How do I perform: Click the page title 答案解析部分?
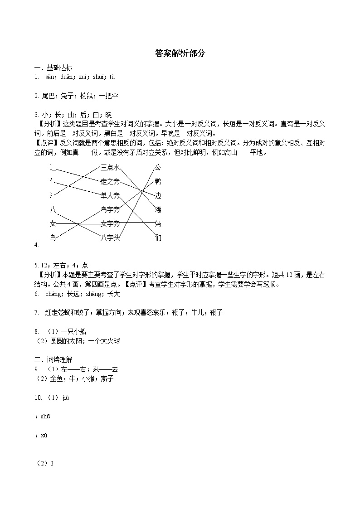tap(180, 53)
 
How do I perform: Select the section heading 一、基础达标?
tap(53, 68)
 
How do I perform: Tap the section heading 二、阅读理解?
tap(53, 360)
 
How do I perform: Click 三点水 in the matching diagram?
tap(110, 168)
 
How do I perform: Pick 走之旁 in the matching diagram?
tap(110, 182)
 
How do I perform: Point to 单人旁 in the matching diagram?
tap(110, 196)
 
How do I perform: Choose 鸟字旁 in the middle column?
tap(110, 209)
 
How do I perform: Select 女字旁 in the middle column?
tap(110, 223)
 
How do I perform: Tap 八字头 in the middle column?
tap(110, 238)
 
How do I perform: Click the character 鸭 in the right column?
tap(158, 182)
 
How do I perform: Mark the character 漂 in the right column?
tap(158, 209)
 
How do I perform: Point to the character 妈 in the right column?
tap(158, 223)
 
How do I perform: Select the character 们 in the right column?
tap(158, 238)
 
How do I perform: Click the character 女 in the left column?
tap(53, 223)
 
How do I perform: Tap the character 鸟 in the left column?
tap(53, 238)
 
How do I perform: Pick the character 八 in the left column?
tap(53, 209)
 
